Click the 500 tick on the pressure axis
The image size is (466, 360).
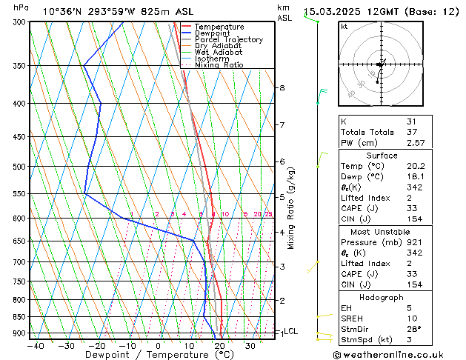[20, 167]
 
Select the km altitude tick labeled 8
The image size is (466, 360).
[282, 88]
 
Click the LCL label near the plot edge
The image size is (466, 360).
[291, 331]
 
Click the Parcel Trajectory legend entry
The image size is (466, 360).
[228, 40]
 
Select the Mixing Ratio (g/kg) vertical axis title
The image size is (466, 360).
[292, 207]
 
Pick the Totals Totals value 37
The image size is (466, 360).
[412, 132]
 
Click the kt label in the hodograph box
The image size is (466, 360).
[344, 26]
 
